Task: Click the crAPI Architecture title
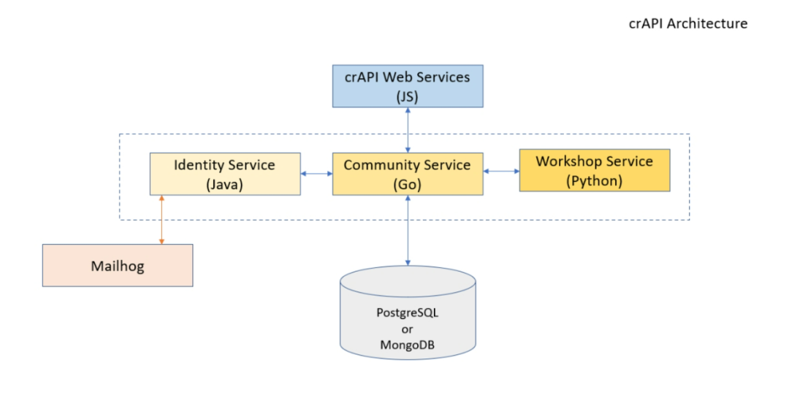tap(688, 23)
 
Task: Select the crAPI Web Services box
tap(407, 86)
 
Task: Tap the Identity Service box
tap(224, 174)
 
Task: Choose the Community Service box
tap(407, 174)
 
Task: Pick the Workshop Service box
tap(594, 170)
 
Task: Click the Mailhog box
tap(118, 265)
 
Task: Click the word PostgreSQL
tap(408, 313)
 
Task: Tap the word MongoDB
tap(408, 343)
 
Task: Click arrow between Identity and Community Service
tap(316, 174)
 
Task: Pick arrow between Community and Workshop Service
tap(500, 172)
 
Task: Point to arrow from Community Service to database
tap(408, 230)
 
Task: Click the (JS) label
tap(407, 95)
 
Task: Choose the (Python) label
tap(594, 180)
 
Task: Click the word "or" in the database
tap(408, 328)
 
